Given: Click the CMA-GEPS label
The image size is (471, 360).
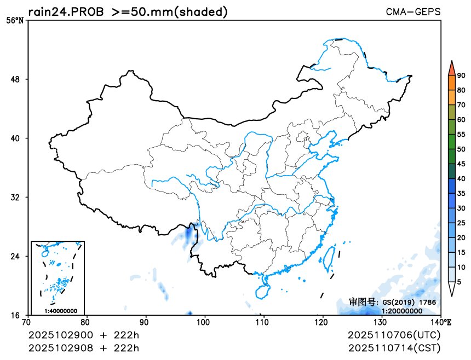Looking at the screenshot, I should (413, 11).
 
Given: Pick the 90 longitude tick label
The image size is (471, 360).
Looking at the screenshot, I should (145, 322).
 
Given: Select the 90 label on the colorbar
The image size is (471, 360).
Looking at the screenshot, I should (461, 76).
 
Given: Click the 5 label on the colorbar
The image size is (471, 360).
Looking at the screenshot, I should (459, 282).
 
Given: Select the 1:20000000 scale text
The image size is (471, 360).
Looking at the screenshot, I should (401, 311).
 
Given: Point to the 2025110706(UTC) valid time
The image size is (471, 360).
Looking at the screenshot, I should (394, 335).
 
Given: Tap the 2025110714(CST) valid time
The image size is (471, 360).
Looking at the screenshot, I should (394, 348).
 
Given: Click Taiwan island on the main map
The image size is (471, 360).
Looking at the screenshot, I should (330, 258).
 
